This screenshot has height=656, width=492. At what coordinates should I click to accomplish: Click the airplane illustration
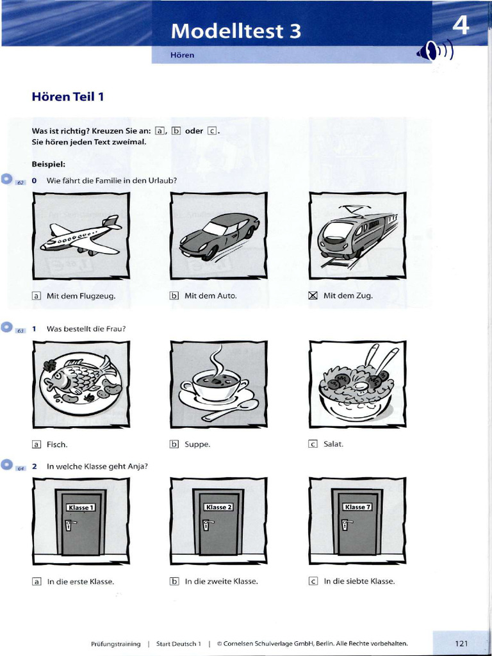coord(81,236)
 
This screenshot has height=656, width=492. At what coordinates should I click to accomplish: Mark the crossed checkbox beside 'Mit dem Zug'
coord(313,295)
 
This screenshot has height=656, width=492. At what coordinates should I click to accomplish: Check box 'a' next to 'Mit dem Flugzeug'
coord(37,295)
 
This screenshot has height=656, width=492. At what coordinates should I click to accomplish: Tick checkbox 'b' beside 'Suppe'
coord(174,443)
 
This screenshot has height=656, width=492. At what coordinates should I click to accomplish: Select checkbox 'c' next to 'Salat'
coord(313,443)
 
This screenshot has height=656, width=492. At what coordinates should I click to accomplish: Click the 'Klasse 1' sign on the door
coord(81,507)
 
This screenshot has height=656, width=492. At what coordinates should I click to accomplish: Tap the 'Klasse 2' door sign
coord(218,507)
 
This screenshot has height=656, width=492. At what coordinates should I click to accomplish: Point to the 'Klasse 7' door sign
coord(357,507)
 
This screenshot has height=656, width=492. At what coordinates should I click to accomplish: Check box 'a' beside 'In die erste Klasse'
coord(37,582)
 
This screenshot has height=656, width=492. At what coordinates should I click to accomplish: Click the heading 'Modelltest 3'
coord(236,31)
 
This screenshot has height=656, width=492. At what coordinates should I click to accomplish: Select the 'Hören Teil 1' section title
coord(68,97)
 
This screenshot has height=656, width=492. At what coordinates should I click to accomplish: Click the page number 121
coord(462,643)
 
